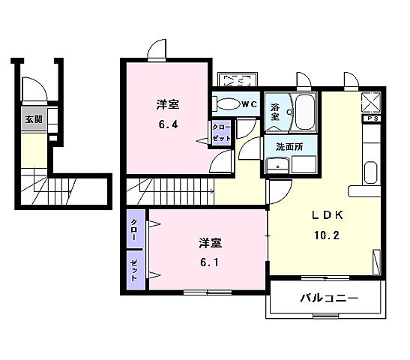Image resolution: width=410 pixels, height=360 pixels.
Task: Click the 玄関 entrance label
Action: tap(33, 118)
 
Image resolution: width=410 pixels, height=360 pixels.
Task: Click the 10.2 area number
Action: tap(328, 234)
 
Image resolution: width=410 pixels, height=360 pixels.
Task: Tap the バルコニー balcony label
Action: tap(329, 298)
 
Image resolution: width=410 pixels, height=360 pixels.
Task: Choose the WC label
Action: tap(249, 104)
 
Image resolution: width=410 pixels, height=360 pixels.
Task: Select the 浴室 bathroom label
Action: tap(275, 111)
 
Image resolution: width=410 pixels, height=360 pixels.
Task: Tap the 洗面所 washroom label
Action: tap(289, 147)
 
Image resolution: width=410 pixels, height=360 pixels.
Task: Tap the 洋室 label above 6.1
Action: tap(211, 244)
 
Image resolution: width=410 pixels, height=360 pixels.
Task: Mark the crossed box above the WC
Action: tap(237, 81)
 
